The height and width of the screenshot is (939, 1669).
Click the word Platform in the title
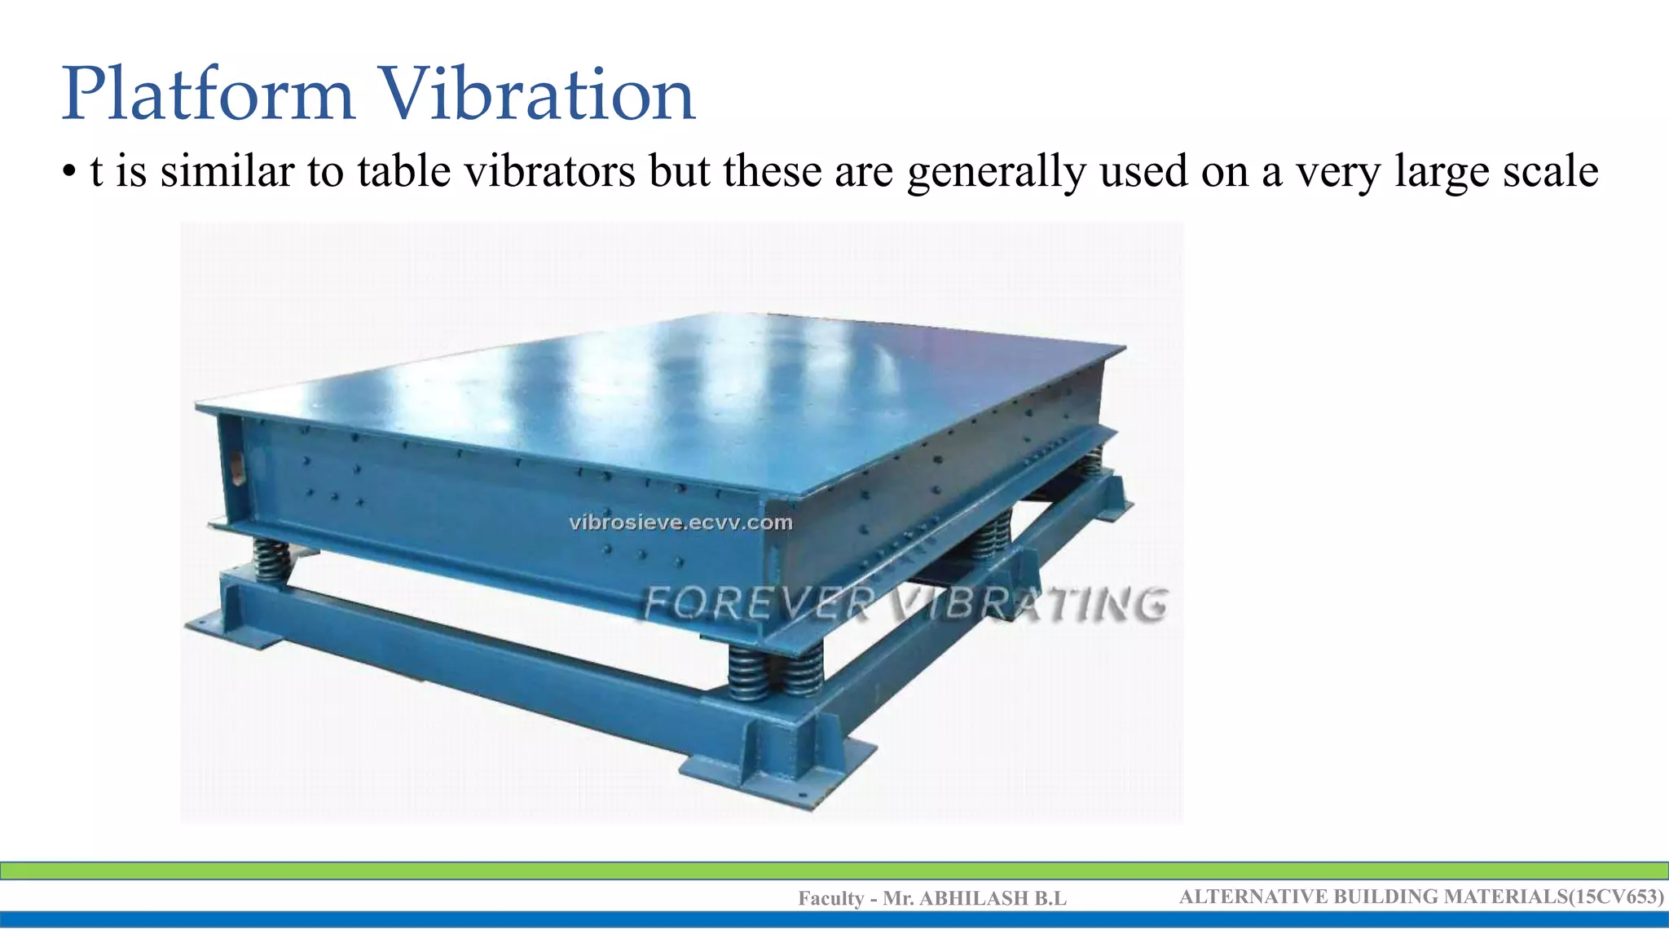(208, 96)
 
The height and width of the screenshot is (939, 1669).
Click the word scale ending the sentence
(1550, 171)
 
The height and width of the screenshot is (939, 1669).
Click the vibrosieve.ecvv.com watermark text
(680, 522)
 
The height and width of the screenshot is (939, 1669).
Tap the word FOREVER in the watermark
(758, 605)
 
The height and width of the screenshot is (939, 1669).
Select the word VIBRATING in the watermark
(1028, 605)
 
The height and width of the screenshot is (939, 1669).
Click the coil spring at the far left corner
(271, 560)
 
